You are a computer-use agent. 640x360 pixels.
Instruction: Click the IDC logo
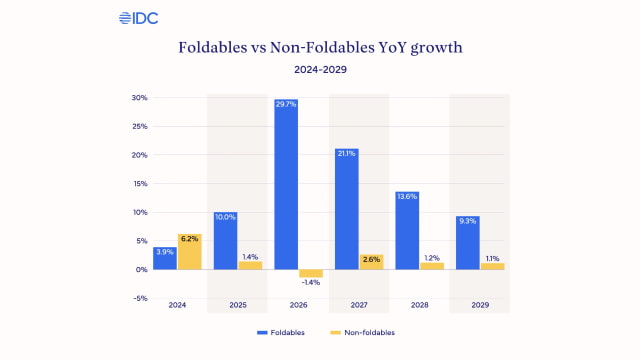[138, 18]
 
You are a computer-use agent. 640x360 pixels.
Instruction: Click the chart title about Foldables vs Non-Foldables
[319, 47]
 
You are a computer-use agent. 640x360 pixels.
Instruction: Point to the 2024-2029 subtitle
[319, 70]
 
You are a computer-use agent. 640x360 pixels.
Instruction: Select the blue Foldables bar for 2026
[286, 184]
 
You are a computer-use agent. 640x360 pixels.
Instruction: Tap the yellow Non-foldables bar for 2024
[189, 252]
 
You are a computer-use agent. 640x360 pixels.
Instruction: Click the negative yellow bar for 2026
[310, 273]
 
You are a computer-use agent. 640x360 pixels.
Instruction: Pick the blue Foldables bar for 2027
[346, 209]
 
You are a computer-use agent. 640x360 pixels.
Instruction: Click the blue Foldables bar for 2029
[467, 243]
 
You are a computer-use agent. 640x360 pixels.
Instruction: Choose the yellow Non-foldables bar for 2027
[370, 262]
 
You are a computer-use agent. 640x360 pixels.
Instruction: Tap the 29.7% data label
[286, 104]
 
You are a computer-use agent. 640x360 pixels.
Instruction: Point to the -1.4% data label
[310, 284]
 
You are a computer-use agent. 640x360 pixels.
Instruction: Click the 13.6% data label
[407, 196]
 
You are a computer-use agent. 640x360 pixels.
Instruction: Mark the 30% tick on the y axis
[139, 98]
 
